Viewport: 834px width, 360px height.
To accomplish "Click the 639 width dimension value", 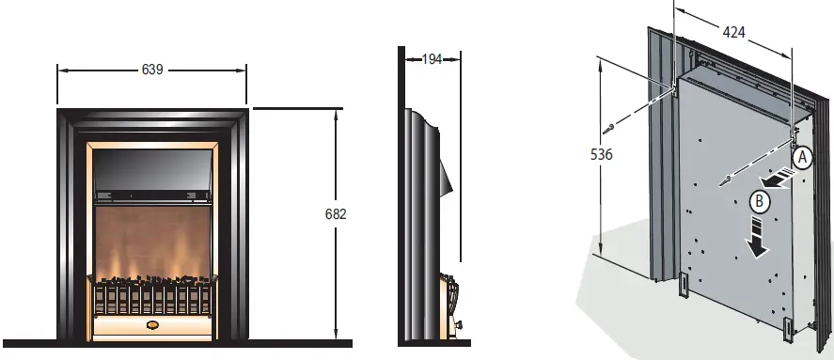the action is (152, 70).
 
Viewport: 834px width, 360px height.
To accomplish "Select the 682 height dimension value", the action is (336, 213).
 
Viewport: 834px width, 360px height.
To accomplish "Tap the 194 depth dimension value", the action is (432, 59).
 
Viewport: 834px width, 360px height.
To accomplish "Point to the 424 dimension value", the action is (733, 33).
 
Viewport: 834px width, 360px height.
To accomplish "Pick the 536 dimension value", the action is (602, 154).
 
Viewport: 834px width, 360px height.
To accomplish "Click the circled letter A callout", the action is (803, 158).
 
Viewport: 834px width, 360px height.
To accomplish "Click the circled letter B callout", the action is (760, 201).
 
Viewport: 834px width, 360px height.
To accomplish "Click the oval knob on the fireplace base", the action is (152, 324).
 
